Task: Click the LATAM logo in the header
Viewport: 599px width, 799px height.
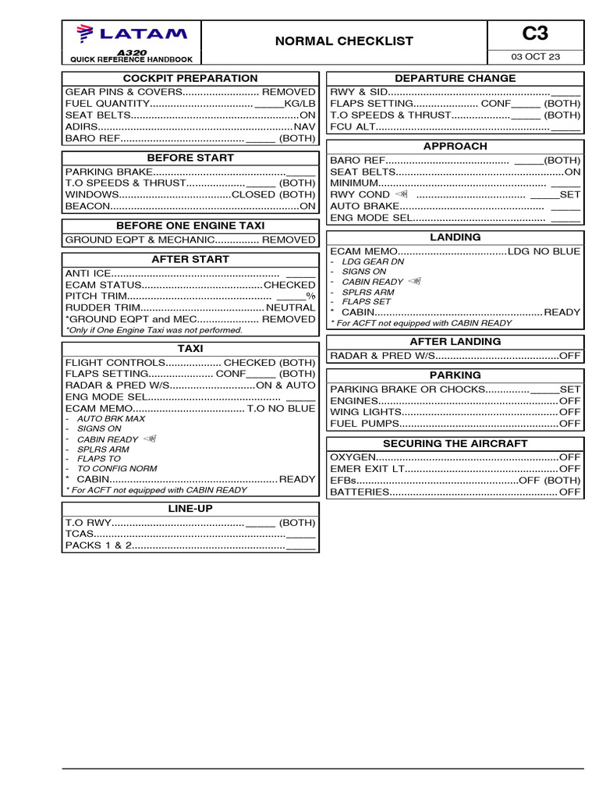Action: tap(131, 34)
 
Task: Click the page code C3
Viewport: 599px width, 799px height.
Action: tap(535, 34)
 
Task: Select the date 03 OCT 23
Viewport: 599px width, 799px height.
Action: tap(535, 57)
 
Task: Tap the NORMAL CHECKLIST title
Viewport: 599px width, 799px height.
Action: tap(344, 41)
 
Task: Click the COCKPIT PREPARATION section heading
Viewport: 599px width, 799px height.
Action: tap(190, 78)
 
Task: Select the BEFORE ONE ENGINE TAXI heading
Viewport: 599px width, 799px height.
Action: tap(190, 225)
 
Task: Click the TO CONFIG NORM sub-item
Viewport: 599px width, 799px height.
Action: tap(117, 469)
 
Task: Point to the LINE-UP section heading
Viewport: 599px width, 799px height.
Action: tap(190, 508)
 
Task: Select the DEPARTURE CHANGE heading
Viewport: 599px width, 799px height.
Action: tap(455, 78)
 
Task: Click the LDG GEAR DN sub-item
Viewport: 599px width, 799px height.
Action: tap(373, 262)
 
